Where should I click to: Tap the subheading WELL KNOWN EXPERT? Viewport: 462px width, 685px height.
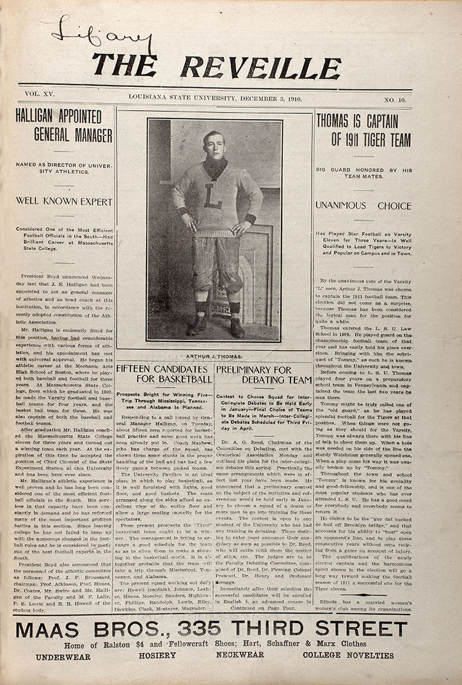click(65, 202)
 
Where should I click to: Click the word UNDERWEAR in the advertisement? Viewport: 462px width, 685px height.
click(63, 656)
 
